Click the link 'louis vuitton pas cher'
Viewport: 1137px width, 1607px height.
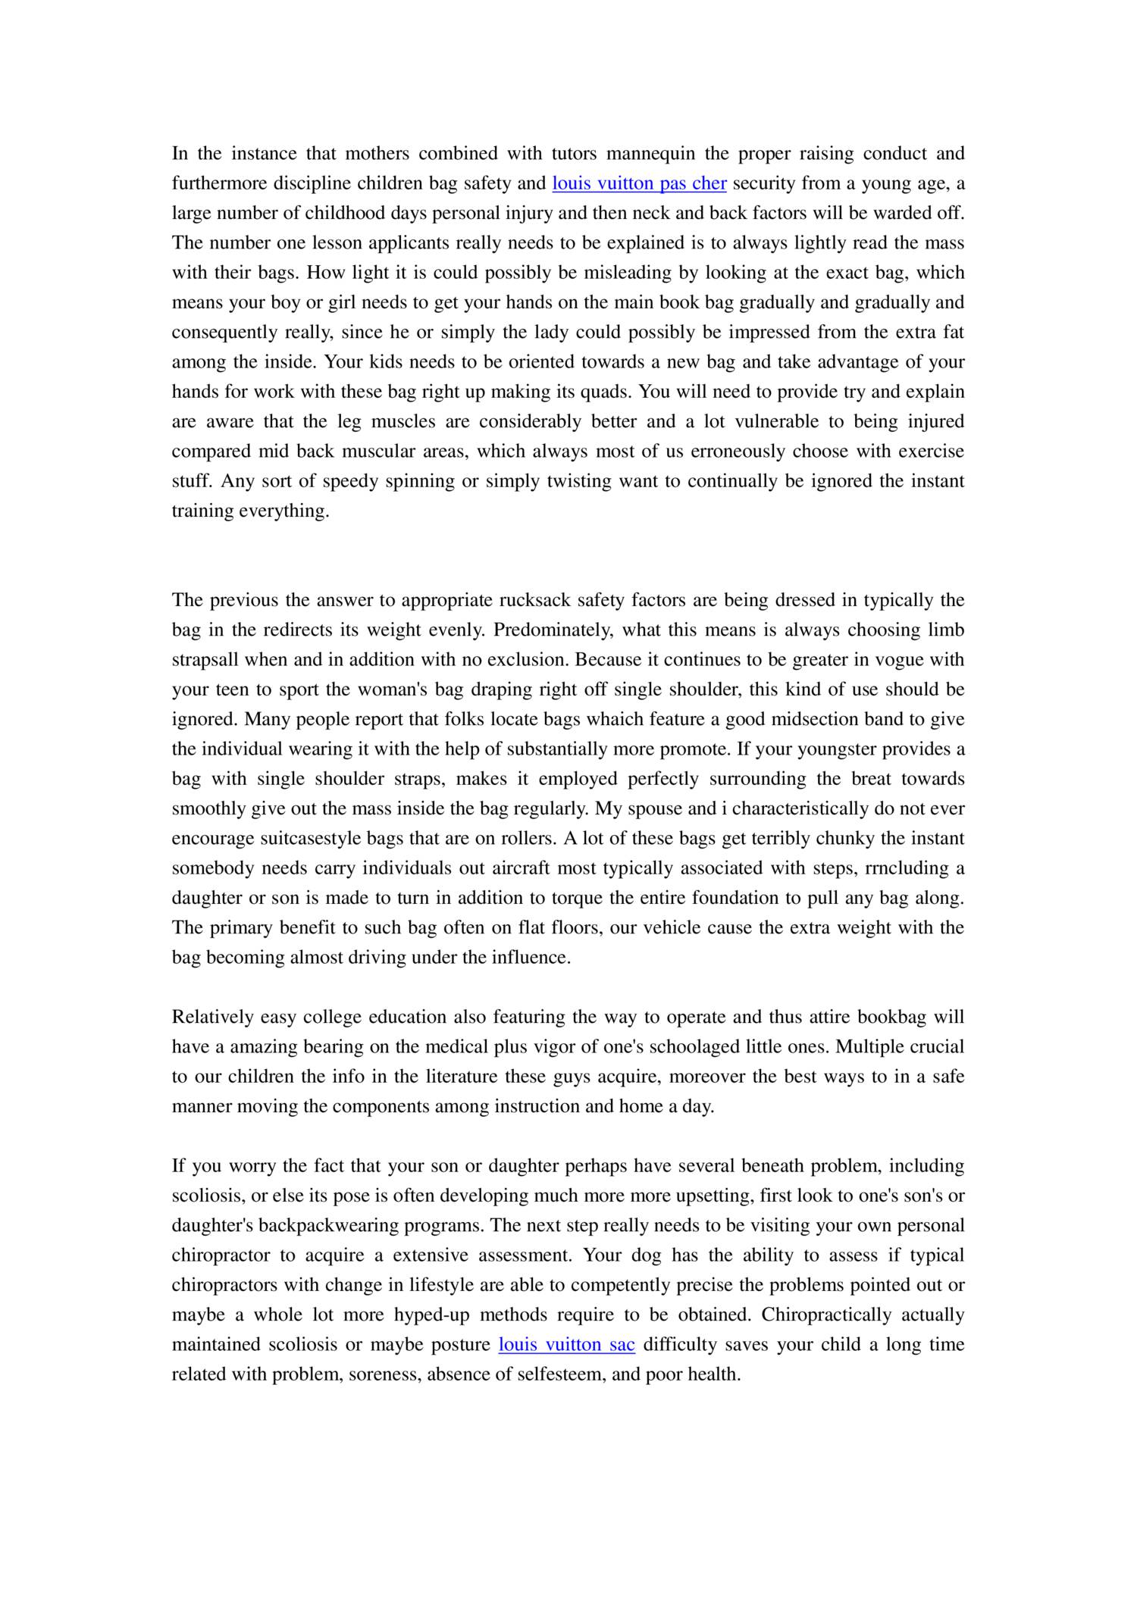[x=639, y=183]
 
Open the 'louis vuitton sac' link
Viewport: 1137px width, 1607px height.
[x=566, y=1345]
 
